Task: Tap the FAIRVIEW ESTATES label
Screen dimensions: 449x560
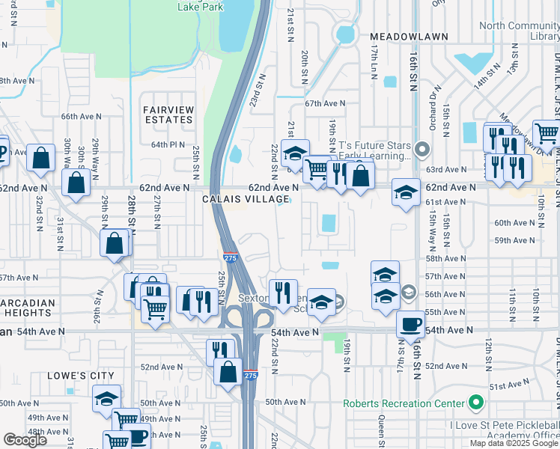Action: (168, 114)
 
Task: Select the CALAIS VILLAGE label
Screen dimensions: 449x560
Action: (246, 199)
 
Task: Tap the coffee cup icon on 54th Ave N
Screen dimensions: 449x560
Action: (410, 324)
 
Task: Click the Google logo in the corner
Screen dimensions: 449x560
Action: (25, 440)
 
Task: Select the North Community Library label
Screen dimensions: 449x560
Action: (519, 31)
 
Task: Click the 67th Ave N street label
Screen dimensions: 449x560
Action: (325, 104)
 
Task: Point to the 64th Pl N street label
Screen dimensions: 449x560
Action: (168, 144)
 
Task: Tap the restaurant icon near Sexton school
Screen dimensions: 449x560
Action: (283, 292)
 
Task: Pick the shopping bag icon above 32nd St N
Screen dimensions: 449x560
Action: (41, 157)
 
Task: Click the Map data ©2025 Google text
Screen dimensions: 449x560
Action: (514, 443)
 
